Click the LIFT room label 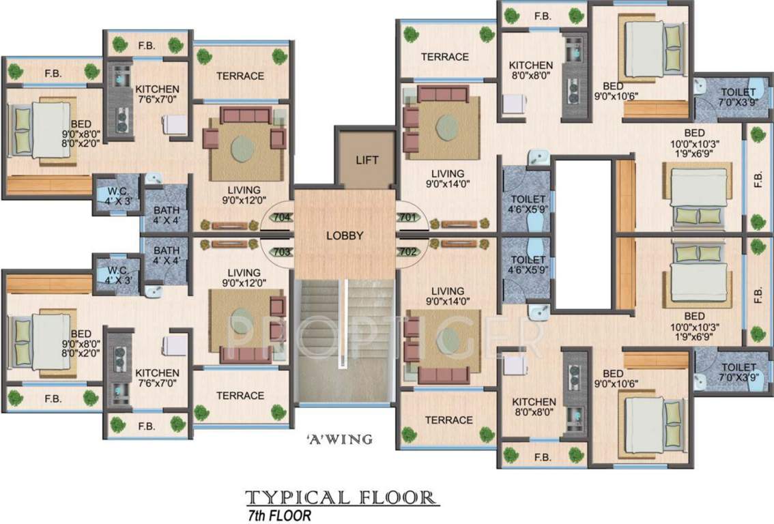pyautogui.click(x=367, y=161)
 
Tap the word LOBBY pyautogui.click(x=345, y=236)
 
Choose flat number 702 pyautogui.click(x=408, y=252)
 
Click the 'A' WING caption pyautogui.click(x=339, y=439)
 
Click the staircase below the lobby pyautogui.click(x=344, y=341)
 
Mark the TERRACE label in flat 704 pyautogui.click(x=240, y=76)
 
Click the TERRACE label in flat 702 pyautogui.click(x=448, y=420)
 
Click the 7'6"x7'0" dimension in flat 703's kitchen pyautogui.click(x=157, y=384)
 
